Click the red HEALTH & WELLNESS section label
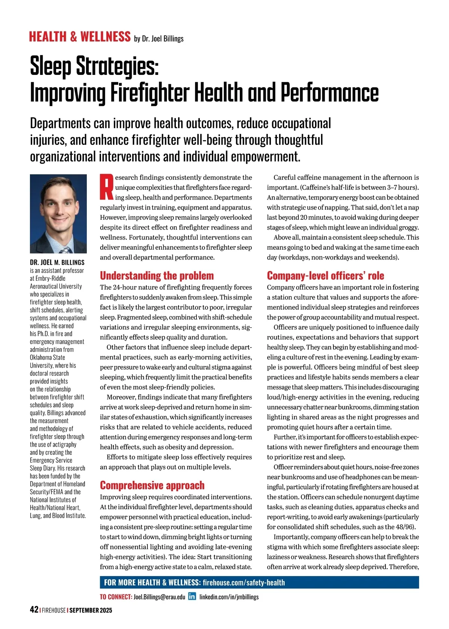coord(80,37)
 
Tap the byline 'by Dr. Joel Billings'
coord(159,39)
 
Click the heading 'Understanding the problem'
coord(157,276)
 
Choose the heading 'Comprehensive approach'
coord(152,485)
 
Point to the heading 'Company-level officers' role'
coord(325,276)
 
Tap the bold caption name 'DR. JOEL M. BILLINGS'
coord(57,262)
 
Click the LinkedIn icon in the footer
coord(192,596)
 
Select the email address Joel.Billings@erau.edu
coord(159,597)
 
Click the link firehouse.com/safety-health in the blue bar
coord(244,583)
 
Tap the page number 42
coord(34,610)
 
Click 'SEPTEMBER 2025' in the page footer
coord(91,610)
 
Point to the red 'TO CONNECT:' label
coord(116,597)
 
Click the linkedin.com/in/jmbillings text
coord(229,597)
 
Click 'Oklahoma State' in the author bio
coord(48,358)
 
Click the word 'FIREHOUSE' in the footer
coord(54,610)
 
